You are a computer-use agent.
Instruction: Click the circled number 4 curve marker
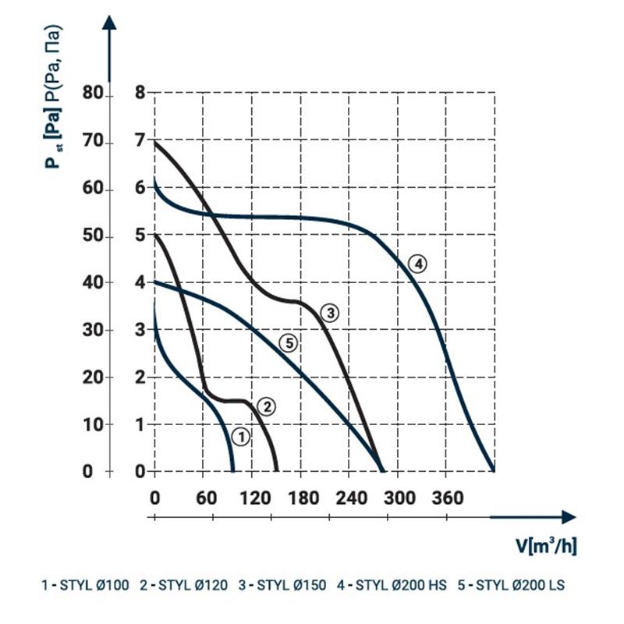418,264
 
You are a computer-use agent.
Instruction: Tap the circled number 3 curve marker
330,313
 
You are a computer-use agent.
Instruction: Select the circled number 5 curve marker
289,342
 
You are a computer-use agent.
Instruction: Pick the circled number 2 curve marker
266,406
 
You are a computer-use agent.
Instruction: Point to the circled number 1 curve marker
241,437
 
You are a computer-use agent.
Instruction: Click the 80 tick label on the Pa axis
93,94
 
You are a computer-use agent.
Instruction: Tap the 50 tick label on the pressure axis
93,237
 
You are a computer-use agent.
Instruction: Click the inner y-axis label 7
140,142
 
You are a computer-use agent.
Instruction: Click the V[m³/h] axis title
546,545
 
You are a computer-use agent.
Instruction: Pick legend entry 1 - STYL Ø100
84,584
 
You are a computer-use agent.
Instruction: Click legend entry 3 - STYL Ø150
282,584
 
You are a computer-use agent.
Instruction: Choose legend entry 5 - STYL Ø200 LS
520,584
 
